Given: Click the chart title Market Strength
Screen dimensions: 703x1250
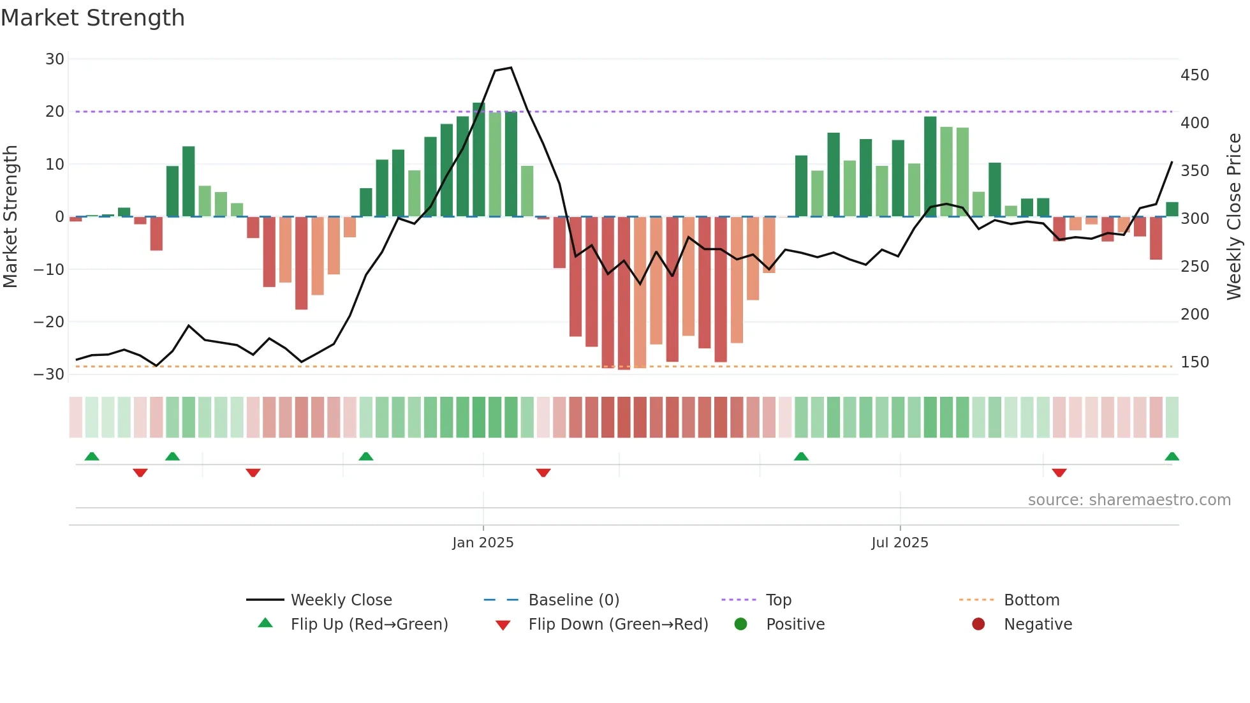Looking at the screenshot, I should [92, 18].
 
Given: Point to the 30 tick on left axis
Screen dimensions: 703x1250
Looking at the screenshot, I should [55, 59].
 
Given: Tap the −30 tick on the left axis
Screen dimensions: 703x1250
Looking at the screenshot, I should [50, 374].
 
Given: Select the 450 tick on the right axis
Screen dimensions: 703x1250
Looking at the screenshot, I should [1195, 75].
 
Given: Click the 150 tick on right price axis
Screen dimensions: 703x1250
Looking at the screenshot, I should [1195, 362].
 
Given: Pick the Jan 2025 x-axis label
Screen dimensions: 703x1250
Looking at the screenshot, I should [483, 543].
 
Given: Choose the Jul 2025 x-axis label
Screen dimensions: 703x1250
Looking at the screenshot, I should [899, 543].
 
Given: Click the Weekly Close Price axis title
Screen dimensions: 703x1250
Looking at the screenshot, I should [1234, 217].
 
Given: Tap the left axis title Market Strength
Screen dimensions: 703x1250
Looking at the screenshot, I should [11, 217].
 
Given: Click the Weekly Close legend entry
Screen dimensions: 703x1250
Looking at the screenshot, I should [341, 600].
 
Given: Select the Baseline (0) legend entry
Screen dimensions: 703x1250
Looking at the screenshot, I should [573, 600].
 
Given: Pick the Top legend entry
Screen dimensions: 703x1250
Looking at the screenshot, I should [778, 600].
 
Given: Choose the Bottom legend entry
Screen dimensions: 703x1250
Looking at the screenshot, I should [1031, 600].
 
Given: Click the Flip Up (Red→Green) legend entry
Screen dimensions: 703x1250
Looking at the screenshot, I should [369, 625].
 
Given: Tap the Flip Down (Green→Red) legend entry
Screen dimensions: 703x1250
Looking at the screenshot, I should [617, 625].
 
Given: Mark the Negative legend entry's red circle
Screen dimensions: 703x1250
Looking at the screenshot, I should [978, 625].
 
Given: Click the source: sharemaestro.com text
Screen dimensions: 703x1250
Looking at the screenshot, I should [1129, 500].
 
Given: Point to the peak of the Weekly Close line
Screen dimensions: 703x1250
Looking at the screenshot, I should [511, 68].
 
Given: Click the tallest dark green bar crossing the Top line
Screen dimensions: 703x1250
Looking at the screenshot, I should [479, 159].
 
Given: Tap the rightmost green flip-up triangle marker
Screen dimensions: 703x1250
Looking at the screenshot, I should [1172, 457].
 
